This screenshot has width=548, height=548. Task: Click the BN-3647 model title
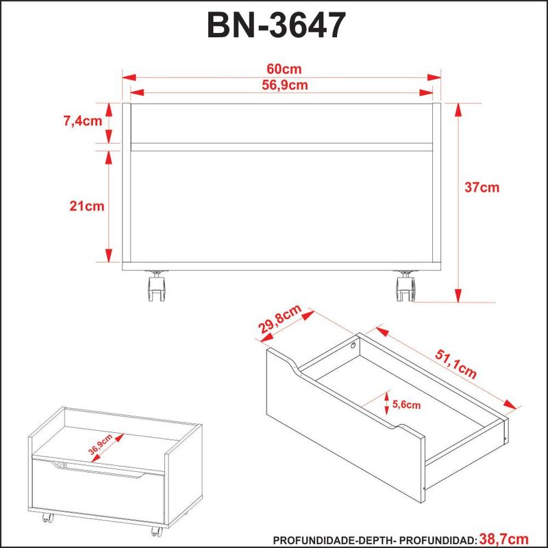277,25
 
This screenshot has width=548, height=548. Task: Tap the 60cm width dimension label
284,69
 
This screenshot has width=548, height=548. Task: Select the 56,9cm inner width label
285,85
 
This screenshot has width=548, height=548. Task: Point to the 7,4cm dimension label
83,121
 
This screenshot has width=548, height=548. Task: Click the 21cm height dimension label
87,206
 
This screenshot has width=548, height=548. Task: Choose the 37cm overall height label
482,187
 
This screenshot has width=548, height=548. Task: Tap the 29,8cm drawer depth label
279,319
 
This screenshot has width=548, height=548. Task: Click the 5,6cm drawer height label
406,405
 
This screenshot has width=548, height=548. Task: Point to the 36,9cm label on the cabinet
100,445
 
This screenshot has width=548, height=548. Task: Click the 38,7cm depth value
503,538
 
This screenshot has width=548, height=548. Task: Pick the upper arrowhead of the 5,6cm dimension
387,396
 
